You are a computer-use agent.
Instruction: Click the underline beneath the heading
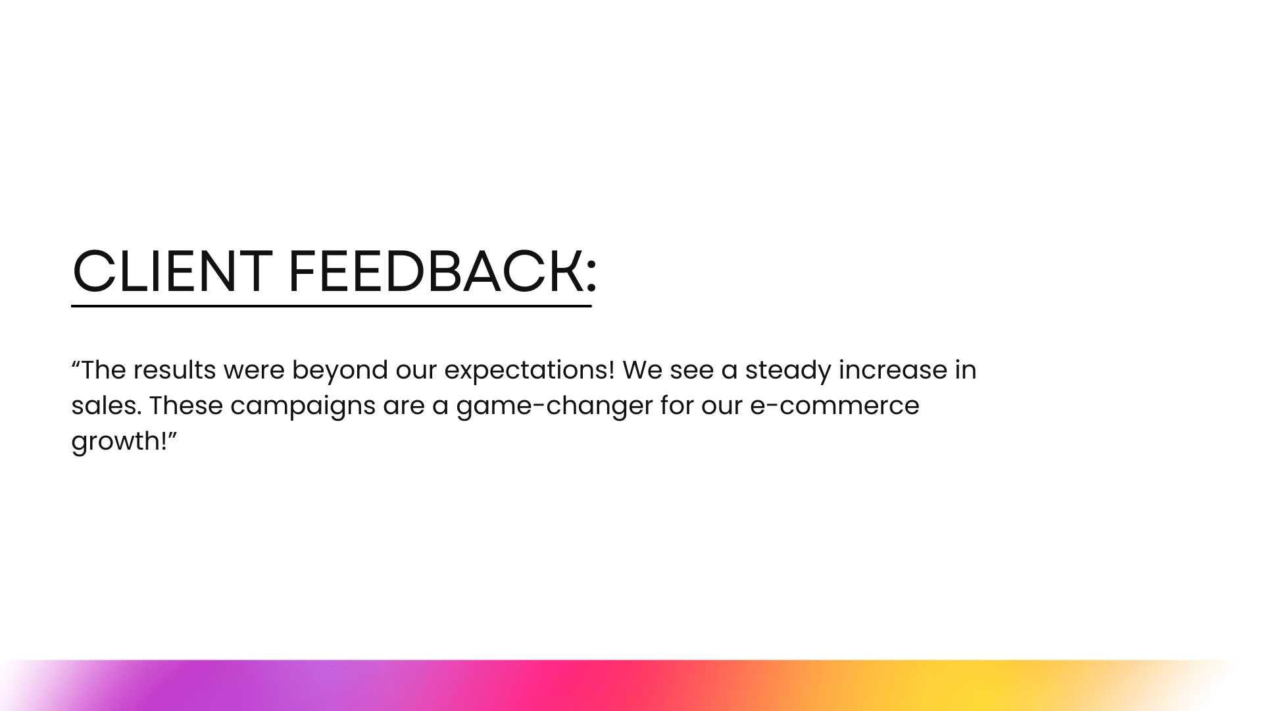coord(332,306)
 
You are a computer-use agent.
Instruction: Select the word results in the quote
coord(174,370)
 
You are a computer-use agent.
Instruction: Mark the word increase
coord(892,370)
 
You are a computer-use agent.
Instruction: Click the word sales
coord(106,406)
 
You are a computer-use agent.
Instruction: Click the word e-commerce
coord(834,406)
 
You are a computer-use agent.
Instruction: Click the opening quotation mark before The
coord(76,363)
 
